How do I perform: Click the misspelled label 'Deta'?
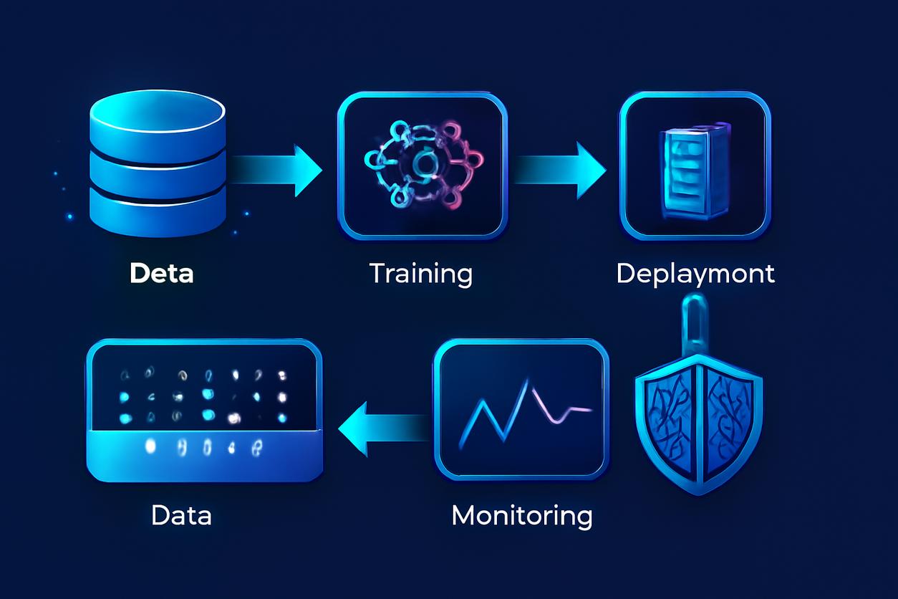(x=162, y=274)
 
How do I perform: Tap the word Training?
(x=421, y=274)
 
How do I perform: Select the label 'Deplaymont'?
(x=695, y=274)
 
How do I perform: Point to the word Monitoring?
(x=522, y=515)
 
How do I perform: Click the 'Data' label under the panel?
(x=181, y=515)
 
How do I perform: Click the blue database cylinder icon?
(x=158, y=168)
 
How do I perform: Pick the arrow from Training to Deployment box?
(x=559, y=170)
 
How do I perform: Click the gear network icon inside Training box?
(x=421, y=166)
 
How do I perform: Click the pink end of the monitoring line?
(x=573, y=411)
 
